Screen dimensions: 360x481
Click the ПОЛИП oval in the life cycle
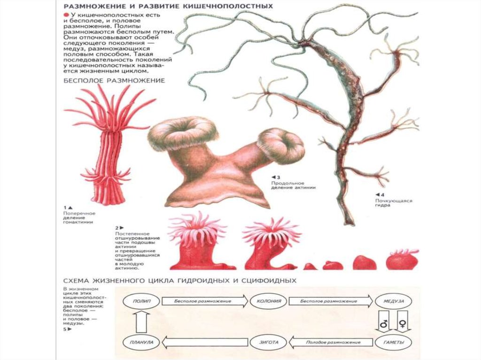[141, 301]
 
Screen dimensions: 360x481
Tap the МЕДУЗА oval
[390, 301]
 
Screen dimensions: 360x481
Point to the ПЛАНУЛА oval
[141, 343]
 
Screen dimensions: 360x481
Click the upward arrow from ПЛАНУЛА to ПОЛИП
[141, 322]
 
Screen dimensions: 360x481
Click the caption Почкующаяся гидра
[394, 203]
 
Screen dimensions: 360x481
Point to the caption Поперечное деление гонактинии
[79, 218]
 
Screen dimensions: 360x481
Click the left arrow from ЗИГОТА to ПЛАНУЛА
[206, 343]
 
